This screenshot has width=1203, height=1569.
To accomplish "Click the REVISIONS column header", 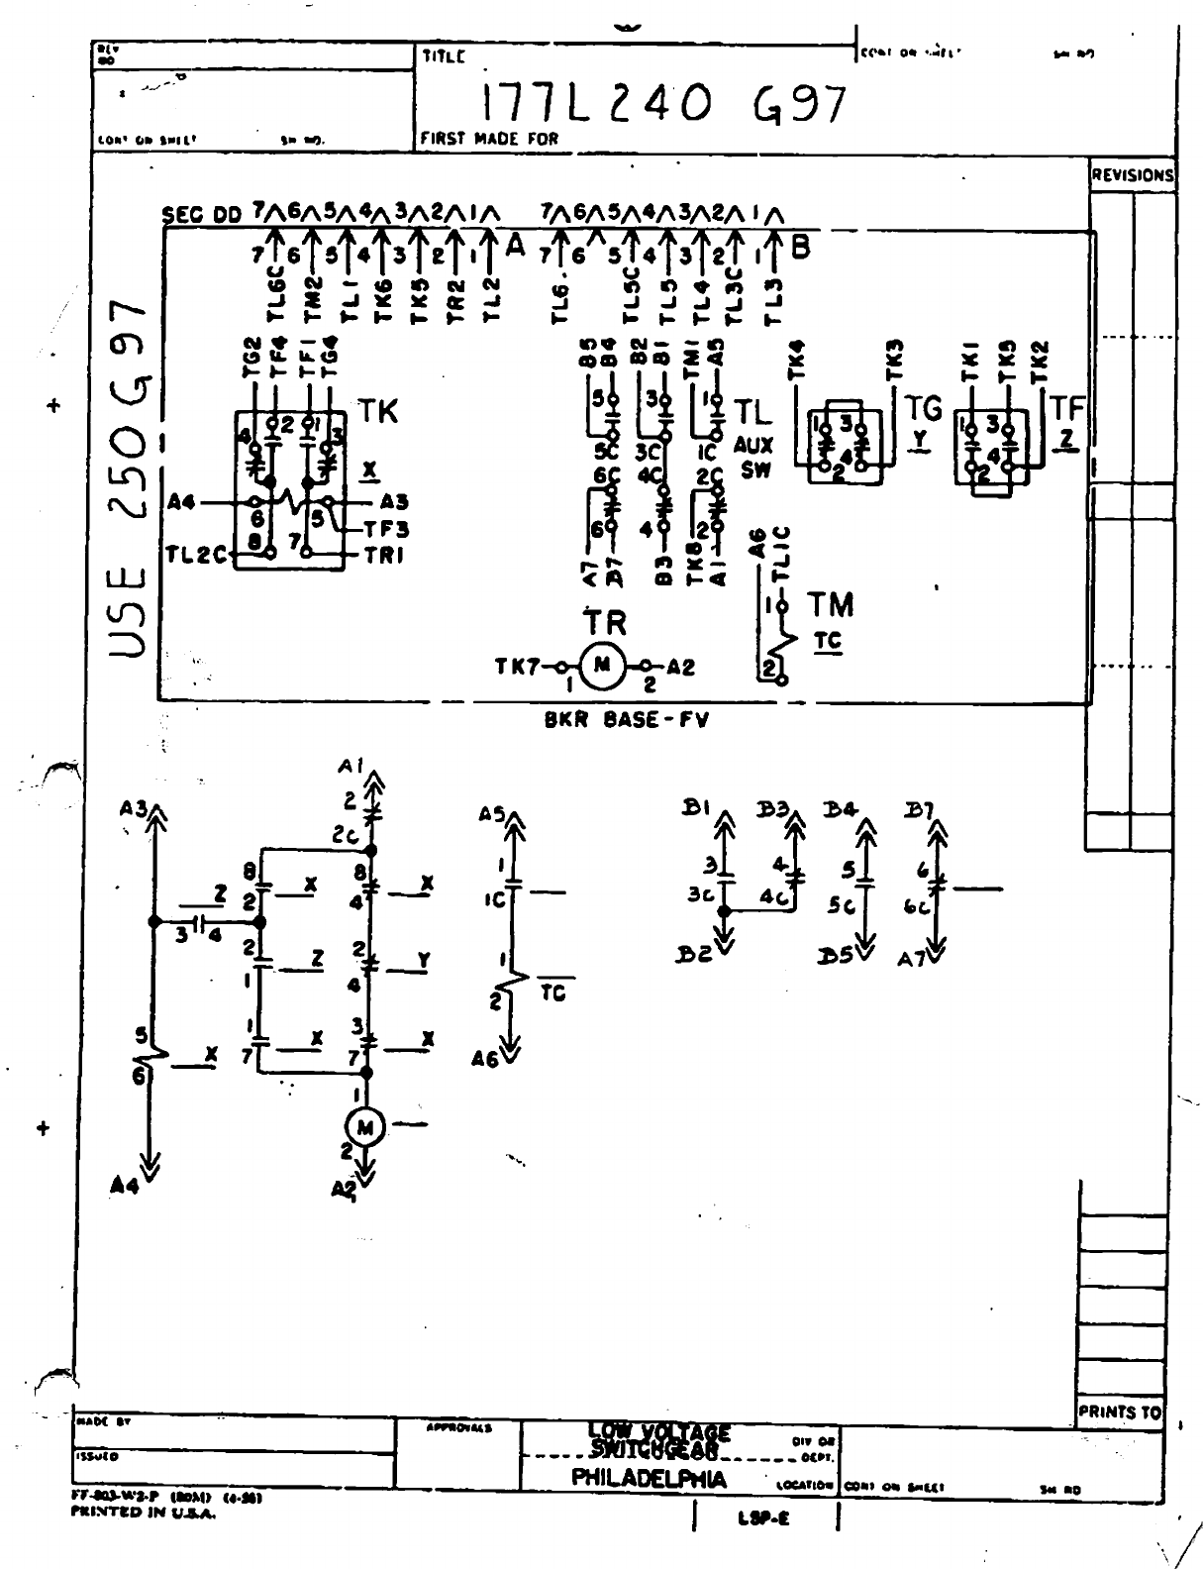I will point(1133,175).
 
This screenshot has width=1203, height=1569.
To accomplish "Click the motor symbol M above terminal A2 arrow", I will point(365,1126).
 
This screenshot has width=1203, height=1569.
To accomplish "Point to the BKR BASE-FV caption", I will point(626,720).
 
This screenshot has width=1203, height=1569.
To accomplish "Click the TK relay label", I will point(377,412).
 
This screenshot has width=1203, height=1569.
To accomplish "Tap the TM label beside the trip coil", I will point(831,604).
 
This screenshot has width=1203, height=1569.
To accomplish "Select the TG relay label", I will point(924,408).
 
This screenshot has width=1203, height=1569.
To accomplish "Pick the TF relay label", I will point(1067,408).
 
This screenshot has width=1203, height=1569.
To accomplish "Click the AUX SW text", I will point(754,459).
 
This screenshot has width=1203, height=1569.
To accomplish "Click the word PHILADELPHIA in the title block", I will point(650,1480).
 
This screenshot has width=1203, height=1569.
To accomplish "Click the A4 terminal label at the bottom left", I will point(125,1185).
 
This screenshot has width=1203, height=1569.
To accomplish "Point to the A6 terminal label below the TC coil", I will point(486,1059).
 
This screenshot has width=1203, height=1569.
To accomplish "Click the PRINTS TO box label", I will point(1119,1412).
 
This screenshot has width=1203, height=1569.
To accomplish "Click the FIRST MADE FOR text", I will point(489,140).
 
